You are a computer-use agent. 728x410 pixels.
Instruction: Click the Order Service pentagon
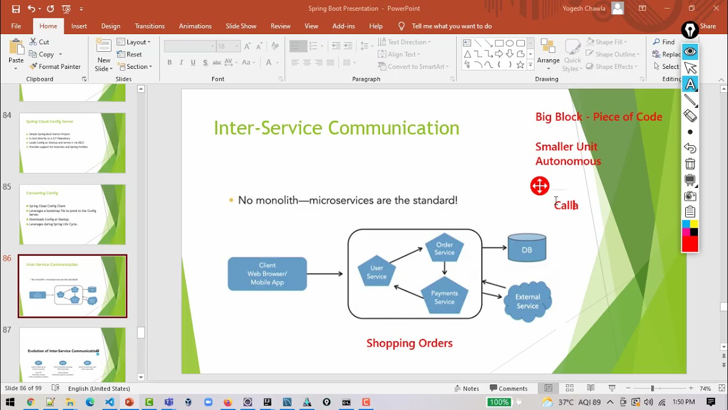click(444, 248)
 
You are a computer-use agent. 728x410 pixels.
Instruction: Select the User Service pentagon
click(376, 272)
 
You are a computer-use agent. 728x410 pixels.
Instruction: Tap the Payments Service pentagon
click(444, 297)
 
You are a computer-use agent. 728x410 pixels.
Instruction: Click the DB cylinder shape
click(527, 248)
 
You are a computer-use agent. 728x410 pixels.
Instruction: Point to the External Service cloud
click(527, 301)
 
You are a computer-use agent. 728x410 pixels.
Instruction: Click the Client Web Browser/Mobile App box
click(267, 274)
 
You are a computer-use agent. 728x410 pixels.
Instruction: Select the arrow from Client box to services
click(325, 274)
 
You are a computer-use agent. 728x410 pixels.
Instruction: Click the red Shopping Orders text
click(409, 343)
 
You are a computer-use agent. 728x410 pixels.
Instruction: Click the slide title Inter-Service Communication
click(336, 128)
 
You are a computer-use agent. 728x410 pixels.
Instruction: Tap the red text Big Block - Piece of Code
click(598, 117)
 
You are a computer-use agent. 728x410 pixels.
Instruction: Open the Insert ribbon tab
click(79, 26)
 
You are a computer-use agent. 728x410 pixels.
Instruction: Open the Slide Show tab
click(241, 26)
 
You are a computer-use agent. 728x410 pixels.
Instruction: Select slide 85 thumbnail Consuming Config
click(72, 214)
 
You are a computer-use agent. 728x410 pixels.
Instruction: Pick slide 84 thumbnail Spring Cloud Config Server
click(72, 142)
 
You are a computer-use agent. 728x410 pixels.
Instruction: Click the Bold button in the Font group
click(169, 63)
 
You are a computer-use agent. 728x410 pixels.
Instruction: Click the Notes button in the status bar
click(466, 388)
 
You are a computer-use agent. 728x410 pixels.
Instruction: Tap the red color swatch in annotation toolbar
click(690, 244)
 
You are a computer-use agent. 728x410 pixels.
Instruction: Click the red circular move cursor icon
click(540, 186)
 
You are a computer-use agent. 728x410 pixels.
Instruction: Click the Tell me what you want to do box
click(452, 26)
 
